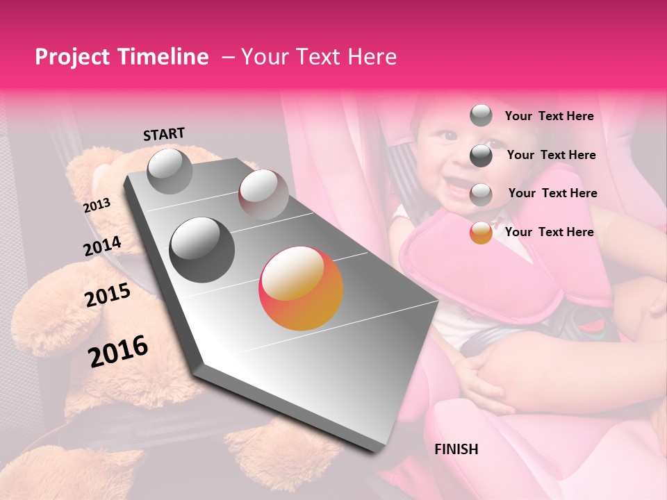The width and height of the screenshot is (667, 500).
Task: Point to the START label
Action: click(164, 134)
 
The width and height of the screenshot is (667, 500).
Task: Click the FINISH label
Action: click(456, 449)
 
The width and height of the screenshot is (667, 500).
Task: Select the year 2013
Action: click(97, 205)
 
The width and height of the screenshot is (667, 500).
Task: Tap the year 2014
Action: click(102, 247)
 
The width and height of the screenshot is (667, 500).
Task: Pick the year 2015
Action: click(108, 295)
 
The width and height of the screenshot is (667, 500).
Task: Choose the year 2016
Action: click(118, 351)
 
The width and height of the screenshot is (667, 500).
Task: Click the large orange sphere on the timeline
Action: click(301, 288)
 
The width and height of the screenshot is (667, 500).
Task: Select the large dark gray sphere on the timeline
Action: click(202, 249)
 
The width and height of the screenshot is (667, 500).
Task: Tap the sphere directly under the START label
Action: click(170, 171)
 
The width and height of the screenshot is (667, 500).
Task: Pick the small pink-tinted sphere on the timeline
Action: click(263, 194)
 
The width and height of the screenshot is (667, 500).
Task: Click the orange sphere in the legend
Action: click(481, 233)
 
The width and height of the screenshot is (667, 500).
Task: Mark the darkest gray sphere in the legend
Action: click(481, 156)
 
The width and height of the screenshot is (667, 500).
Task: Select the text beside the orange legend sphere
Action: click(549, 232)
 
